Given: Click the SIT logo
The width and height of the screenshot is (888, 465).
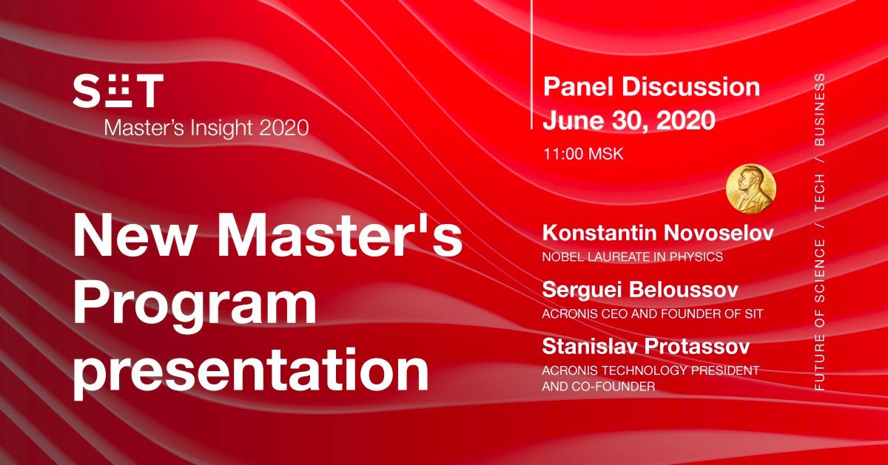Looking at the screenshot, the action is coord(118,91).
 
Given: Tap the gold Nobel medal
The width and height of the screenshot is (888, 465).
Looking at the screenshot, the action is coord(751,189).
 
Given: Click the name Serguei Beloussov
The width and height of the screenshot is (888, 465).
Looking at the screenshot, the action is coord(640,290).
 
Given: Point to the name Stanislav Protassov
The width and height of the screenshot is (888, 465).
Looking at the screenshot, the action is coord(646,346).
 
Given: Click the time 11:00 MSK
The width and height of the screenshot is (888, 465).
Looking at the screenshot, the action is coord(583,154).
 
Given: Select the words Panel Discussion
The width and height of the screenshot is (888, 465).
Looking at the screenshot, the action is coord(651,86).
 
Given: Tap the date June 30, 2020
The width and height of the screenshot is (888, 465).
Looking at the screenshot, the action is coord(629,120).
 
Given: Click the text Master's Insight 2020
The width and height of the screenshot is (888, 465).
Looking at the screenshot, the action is coord(206,129).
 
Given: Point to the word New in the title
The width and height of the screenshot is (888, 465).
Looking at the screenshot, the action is coord(136,236).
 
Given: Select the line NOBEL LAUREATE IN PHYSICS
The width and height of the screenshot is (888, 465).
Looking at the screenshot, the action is coord(632,257).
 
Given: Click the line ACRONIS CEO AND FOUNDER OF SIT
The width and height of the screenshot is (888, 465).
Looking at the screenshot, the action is coord(652,314).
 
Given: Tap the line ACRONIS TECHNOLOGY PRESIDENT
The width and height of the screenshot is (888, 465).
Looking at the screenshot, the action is coord(650,370).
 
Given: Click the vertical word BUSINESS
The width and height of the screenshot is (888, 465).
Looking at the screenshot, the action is coord(819,109).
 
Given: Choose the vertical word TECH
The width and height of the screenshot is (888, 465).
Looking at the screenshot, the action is coord(819,191).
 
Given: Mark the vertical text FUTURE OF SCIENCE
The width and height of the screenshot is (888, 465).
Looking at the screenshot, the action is coord(819,315).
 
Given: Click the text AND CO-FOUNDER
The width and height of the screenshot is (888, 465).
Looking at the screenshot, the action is coord(598,386).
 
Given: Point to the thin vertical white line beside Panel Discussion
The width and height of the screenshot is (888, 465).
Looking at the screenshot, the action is coord(531,64).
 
